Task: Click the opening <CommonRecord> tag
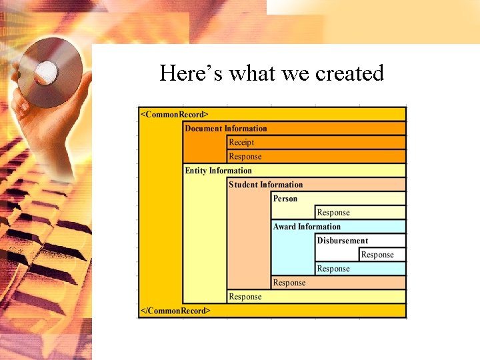[x=175, y=114]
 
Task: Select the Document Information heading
[x=225, y=128]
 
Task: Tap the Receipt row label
[x=241, y=142]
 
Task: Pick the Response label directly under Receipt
[x=245, y=157]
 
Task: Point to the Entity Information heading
[x=218, y=171]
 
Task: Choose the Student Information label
[x=265, y=185]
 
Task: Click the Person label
[x=285, y=199]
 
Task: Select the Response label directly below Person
[x=333, y=213]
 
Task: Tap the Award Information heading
[x=307, y=227]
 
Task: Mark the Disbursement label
[x=343, y=241]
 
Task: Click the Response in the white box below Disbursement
[x=377, y=255]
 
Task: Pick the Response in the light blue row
[x=333, y=269]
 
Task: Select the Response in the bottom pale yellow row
[x=245, y=297]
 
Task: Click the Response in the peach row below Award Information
[x=289, y=283]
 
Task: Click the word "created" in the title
[x=349, y=73]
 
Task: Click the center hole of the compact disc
[x=47, y=69]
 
